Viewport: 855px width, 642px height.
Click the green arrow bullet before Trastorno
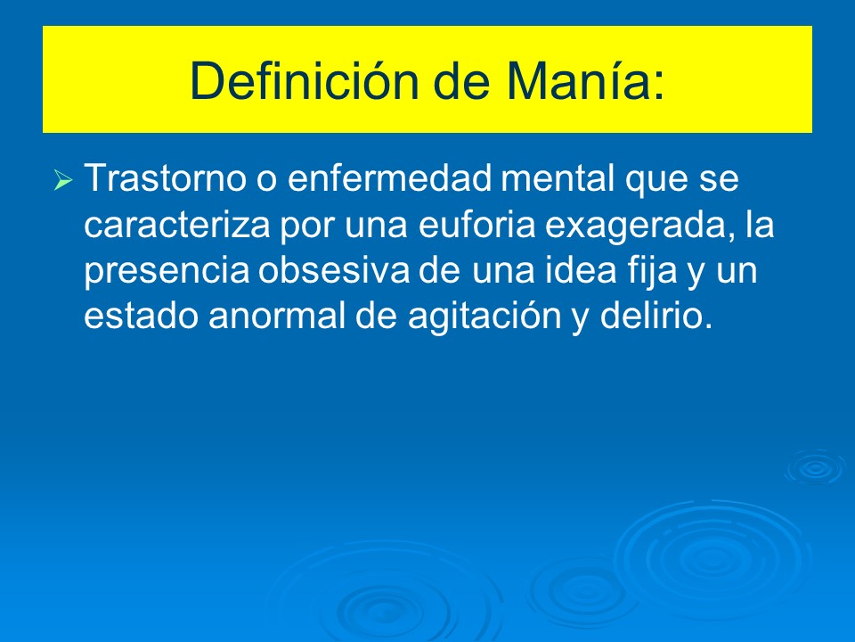coord(62,182)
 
